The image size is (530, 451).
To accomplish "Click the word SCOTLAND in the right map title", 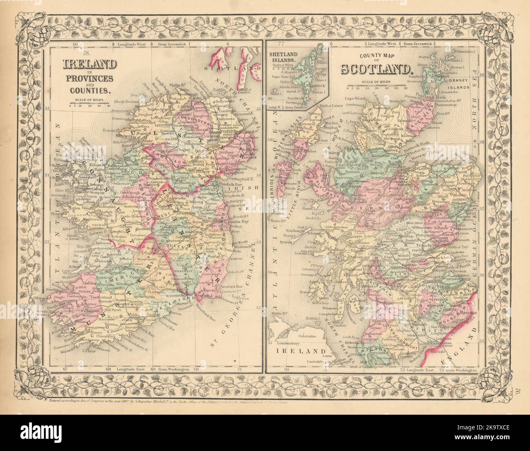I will click(375, 69).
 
